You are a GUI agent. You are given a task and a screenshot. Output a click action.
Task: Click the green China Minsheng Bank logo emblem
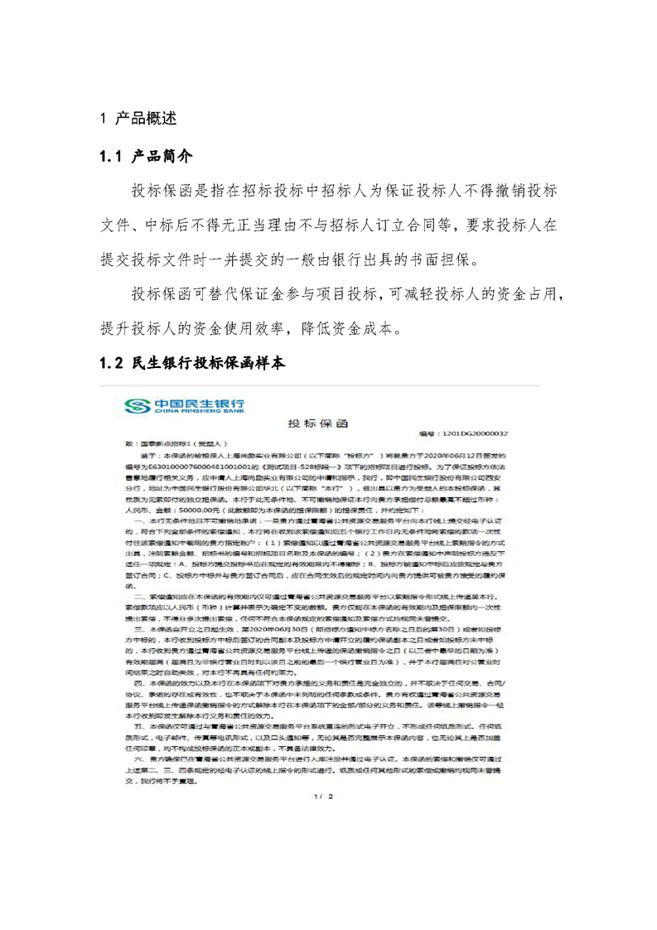click(x=135, y=404)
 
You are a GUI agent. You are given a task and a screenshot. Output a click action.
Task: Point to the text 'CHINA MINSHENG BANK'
click(x=197, y=410)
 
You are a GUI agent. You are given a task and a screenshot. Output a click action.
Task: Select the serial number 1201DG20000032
click(x=476, y=434)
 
